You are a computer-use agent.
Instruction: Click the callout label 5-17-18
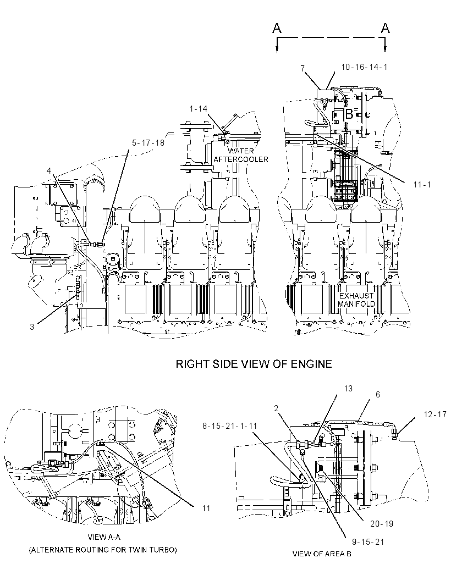(148, 143)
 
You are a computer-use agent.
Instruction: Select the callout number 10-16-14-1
(364, 67)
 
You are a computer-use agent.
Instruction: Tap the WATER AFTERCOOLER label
(241, 155)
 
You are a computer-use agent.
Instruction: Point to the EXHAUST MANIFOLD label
(356, 300)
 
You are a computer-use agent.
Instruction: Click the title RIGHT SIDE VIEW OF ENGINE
(254, 364)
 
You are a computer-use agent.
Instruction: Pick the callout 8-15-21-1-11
(230, 425)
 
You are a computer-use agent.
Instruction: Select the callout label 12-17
(435, 414)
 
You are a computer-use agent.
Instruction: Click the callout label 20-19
(382, 524)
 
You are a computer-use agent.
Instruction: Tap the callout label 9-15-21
(368, 542)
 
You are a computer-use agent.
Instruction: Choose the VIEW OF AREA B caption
(322, 554)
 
